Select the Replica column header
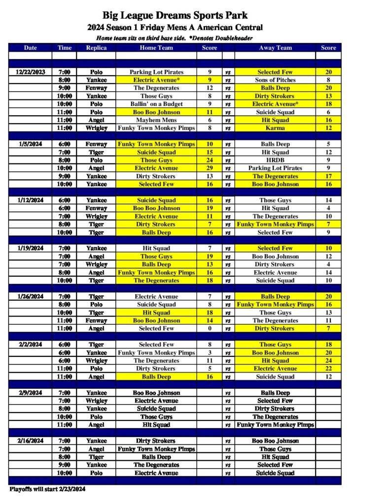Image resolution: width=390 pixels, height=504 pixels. tap(96, 48)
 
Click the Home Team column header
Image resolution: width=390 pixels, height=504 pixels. tap(156, 48)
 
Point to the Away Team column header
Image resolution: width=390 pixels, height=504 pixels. tap(275, 48)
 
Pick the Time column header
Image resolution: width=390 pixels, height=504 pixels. tap(64, 48)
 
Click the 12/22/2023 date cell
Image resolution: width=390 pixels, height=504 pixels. tap(31, 72)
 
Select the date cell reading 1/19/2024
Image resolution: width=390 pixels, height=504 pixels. tap(31, 248)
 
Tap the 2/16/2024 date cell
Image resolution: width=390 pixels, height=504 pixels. tap(31, 441)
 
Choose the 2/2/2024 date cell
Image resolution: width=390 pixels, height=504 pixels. tap(31, 345)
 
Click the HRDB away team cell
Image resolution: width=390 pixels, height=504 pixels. tap(275, 160)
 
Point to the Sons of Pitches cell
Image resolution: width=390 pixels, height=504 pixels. tap(275, 80)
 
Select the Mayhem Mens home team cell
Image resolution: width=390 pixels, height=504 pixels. tap(156, 120)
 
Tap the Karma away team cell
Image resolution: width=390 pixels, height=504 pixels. tap(275, 128)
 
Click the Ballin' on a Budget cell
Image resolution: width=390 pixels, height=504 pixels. tap(156, 104)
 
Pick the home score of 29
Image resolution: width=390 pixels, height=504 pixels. tap(210, 168)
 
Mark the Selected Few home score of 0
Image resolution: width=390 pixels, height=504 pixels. tap(210, 328)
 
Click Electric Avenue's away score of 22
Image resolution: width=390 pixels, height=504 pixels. tap(328, 369)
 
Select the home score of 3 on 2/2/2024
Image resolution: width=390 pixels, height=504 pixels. tap(210, 352)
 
